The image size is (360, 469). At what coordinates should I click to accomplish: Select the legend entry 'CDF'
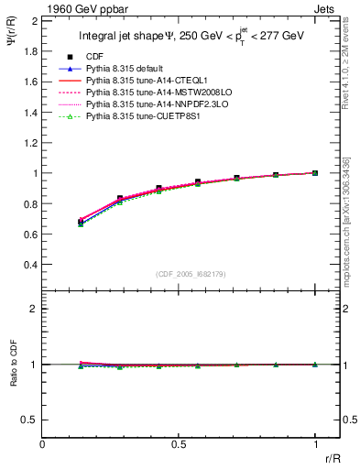pyautogui.click(x=94, y=57)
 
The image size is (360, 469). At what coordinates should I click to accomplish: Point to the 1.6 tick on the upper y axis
pyautogui.click(x=29, y=82)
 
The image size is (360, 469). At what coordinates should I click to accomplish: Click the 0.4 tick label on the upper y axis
pyautogui.click(x=29, y=265)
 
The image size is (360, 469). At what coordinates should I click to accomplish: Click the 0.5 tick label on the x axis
pyautogui.click(x=179, y=443)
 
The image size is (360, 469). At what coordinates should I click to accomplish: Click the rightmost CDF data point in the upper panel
pyautogui.click(x=315, y=172)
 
